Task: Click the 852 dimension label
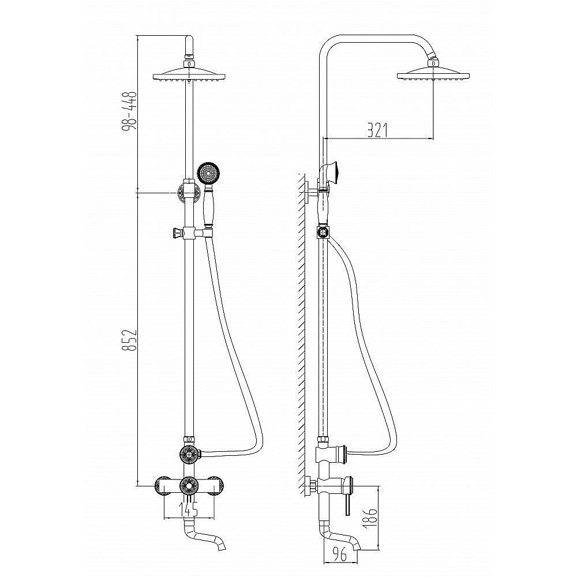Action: point(129,340)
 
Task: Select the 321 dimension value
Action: point(377,130)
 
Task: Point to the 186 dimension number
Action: point(372,519)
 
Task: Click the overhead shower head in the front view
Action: point(189,74)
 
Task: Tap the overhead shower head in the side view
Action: point(433,74)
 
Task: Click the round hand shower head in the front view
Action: point(208,173)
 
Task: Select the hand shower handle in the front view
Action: point(207,206)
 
